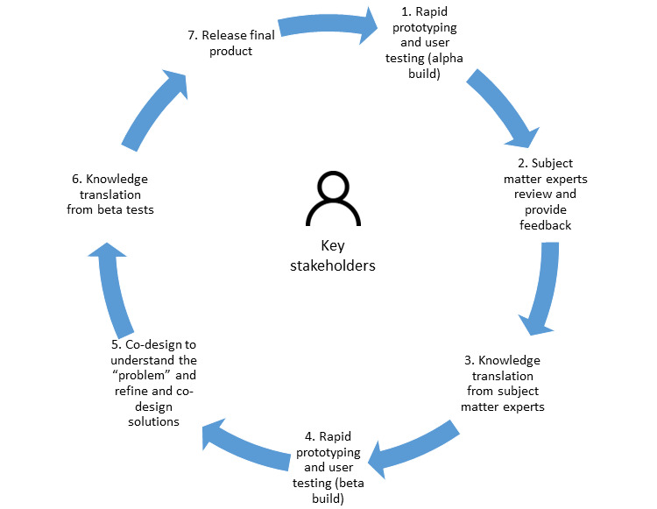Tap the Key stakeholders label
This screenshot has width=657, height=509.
(332, 257)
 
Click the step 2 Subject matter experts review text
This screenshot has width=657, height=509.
(547, 194)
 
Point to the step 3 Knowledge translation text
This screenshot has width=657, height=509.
(503, 382)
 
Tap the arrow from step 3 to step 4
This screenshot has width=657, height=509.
(413, 442)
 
